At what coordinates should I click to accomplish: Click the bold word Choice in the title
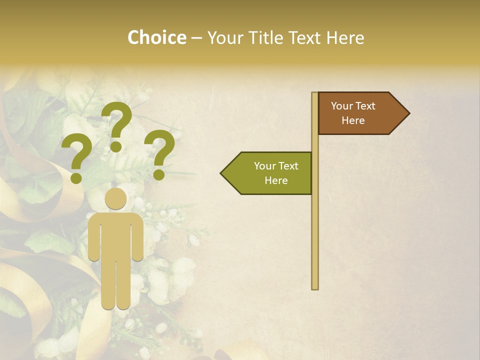tap(156, 38)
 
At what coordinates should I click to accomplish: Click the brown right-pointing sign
tap(360, 113)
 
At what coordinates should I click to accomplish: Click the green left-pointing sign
tap(270, 173)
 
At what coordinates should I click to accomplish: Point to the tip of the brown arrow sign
tap(408, 113)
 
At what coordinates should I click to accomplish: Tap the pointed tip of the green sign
tap(221, 173)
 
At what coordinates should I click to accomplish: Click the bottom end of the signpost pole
tap(315, 287)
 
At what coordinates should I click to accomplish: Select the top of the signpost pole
tap(315, 94)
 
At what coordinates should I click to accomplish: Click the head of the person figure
tap(116, 199)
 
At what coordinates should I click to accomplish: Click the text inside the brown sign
tap(353, 113)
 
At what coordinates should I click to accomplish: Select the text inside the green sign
tap(276, 173)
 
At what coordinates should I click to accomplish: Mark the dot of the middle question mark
tap(116, 146)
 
